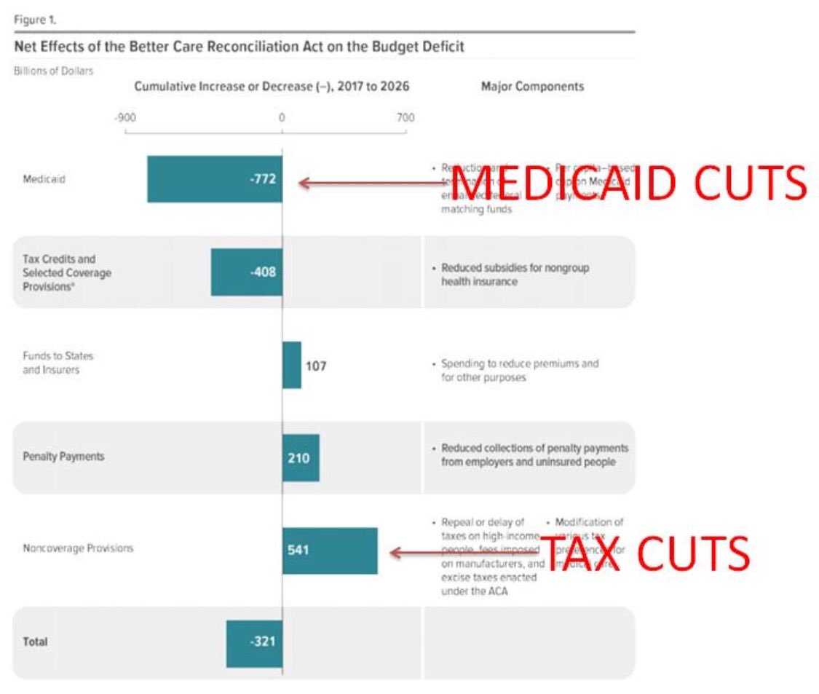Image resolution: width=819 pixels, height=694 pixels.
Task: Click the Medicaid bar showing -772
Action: (x=214, y=179)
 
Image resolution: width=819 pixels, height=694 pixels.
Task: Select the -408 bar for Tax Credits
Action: (x=246, y=272)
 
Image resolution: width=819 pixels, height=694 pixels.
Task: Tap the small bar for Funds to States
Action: (x=291, y=365)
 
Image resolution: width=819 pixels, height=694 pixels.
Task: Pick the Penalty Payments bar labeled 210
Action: (x=301, y=458)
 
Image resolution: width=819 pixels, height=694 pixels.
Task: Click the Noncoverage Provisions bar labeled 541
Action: (x=330, y=551)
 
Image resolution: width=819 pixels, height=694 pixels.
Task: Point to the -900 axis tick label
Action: (x=125, y=118)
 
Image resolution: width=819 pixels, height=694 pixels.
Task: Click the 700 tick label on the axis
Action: (x=405, y=118)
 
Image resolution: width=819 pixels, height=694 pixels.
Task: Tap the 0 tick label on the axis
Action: (x=282, y=118)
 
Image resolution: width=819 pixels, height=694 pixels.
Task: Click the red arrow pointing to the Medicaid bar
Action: (x=371, y=183)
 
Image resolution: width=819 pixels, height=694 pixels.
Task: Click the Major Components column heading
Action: (x=532, y=87)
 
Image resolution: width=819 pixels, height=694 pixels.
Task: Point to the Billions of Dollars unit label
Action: (x=53, y=71)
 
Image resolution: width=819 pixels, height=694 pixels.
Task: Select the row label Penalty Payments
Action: (x=63, y=457)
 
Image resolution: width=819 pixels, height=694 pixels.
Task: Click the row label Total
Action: (x=35, y=642)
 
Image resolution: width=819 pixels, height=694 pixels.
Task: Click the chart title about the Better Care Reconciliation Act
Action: (x=239, y=47)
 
